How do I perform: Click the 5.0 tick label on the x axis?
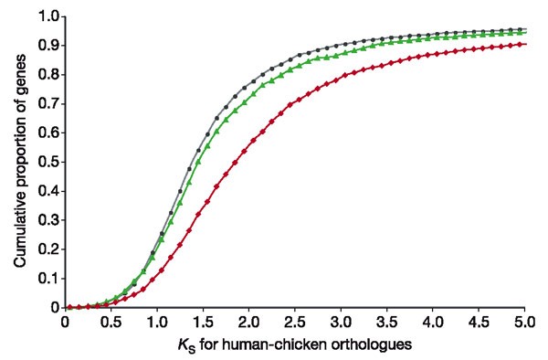tap(524, 322)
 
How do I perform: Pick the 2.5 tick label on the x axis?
tap(294, 322)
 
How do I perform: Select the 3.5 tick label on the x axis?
tap(386, 322)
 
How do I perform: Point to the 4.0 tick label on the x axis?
tap(432, 322)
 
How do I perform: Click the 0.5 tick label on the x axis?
tap(111, 322)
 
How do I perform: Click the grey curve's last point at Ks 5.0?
tap(523, 28)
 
